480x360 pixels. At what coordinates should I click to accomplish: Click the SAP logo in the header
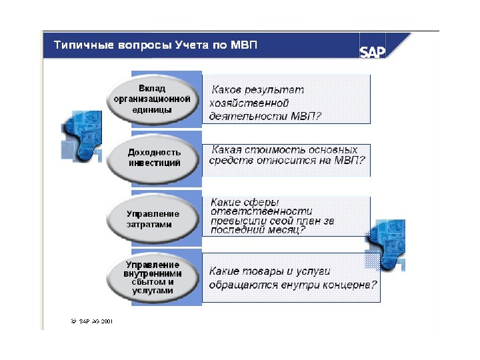click(373, 51)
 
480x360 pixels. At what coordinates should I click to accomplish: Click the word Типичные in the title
click(80, 46)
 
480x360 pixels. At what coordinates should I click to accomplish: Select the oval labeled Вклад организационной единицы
click(152, 99)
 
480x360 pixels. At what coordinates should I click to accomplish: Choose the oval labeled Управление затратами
click(153, 219)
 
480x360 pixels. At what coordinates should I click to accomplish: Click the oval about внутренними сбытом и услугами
click(153, 277)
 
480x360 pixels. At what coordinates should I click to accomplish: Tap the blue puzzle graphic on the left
click(81, 137)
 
